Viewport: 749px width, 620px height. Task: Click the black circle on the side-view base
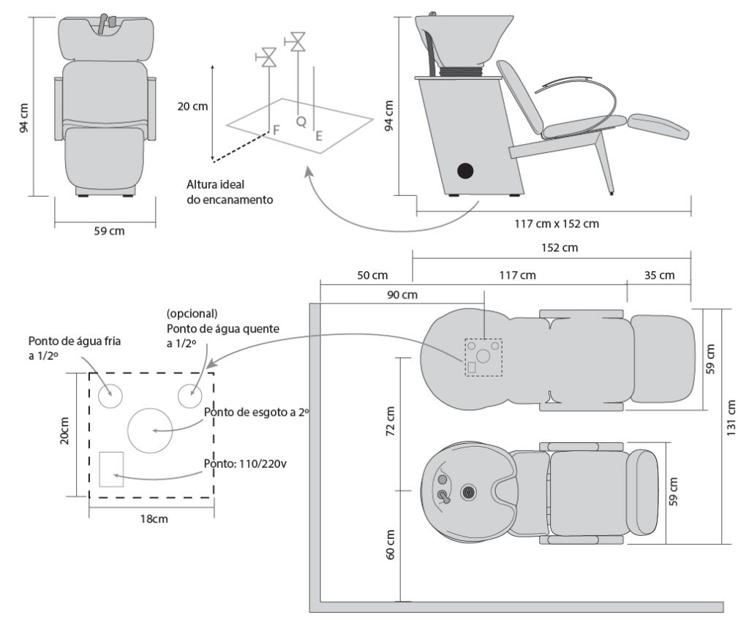[464, 171]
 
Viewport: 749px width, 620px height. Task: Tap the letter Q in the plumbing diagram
[301, 122]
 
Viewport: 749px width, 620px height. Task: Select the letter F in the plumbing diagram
[276, 129]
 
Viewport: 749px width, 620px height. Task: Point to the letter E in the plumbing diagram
[319, 135]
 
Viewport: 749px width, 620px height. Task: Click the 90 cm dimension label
[403, 295]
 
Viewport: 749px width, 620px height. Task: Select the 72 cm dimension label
[389, 420]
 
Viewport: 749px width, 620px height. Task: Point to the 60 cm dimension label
[389, 544]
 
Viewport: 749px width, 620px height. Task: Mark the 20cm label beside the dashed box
[65, 432]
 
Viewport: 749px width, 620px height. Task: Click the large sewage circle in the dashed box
[150, 430]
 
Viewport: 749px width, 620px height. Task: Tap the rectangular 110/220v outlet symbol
[111, 469]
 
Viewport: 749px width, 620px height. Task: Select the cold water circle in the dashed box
[110, 396]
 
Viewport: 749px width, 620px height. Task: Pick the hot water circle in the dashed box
[190, 396]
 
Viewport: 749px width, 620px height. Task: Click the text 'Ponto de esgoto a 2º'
[257, 412]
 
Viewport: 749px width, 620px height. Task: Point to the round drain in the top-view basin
[469, 492]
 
